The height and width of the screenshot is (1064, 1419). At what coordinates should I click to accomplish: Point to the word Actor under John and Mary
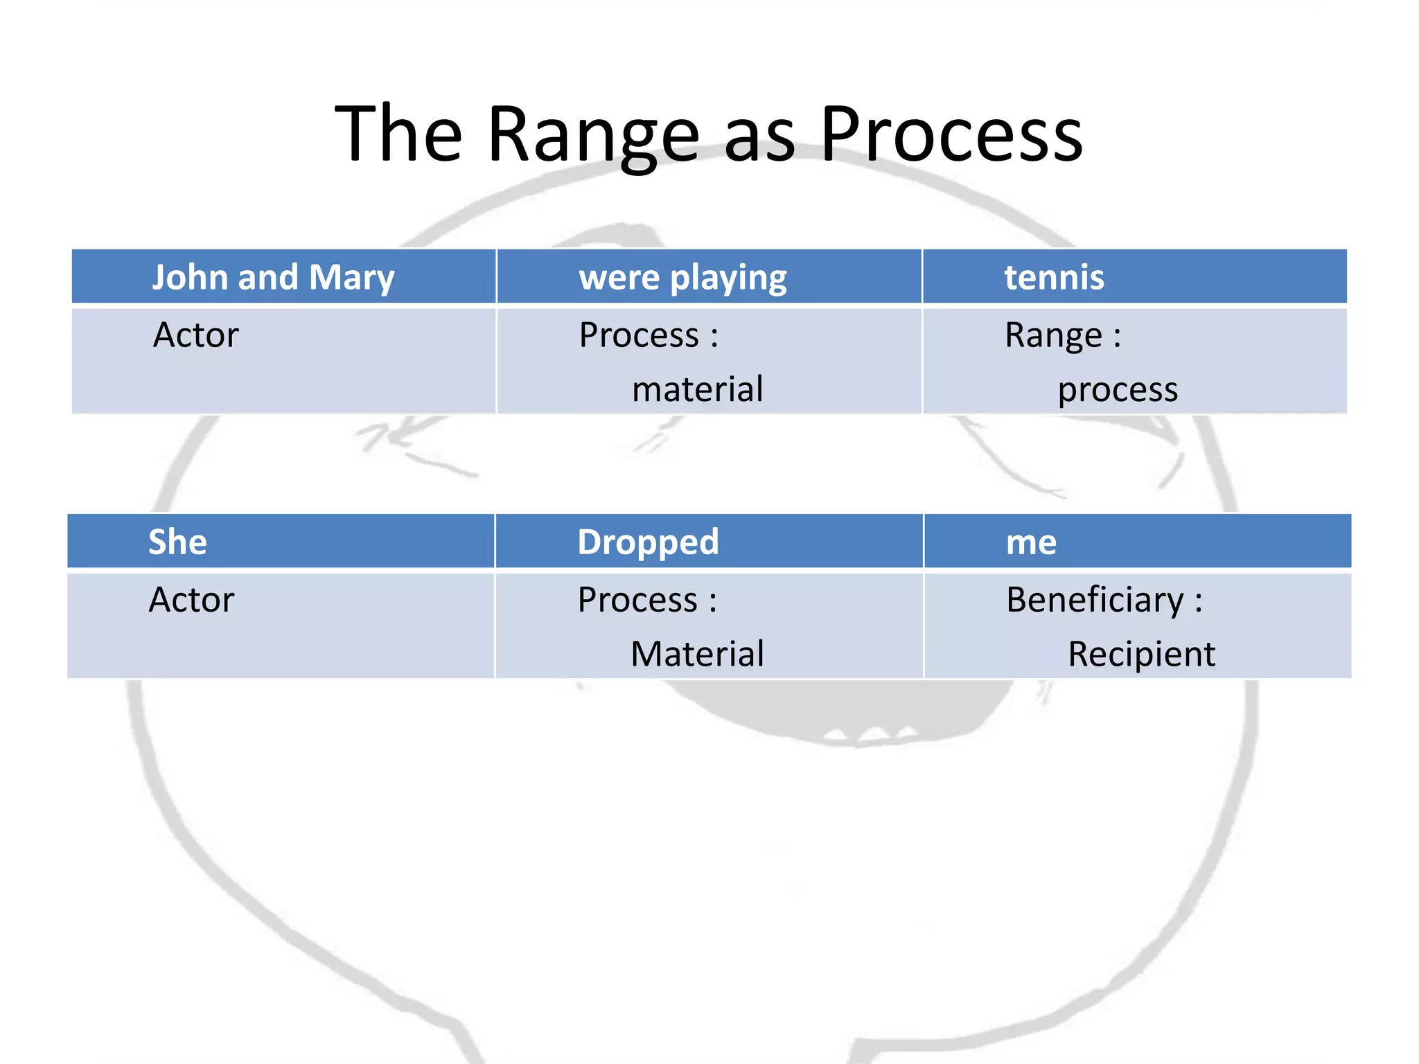(196, 335)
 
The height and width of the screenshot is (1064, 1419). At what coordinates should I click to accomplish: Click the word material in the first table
(697, 389)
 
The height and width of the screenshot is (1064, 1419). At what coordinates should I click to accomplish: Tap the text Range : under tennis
(1062, 336)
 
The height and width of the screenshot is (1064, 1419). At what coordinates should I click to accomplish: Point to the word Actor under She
(192, 600)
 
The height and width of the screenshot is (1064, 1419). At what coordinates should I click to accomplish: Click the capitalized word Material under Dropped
(697, 654)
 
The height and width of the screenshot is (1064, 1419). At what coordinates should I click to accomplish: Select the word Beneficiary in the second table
(1095, 600)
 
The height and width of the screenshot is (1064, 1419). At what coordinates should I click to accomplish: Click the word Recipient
(1141, 654)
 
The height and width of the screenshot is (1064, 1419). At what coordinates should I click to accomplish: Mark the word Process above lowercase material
(639, 336)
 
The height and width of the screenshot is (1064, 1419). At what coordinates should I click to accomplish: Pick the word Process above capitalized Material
(637, 600)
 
